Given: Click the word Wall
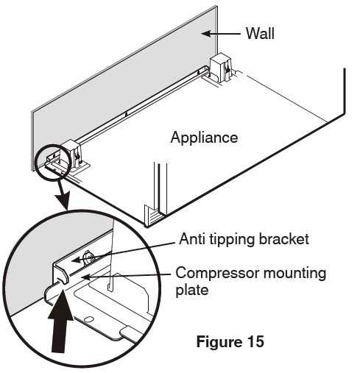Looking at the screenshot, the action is point(260,33).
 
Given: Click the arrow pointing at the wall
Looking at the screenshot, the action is point(221,34).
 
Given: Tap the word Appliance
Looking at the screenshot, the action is point(204,138).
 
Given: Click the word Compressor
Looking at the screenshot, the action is point(217,273).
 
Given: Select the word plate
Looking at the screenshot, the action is point(192,291).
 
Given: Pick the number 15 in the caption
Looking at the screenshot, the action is point(255,341).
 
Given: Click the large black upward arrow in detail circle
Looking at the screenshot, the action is point(60,321).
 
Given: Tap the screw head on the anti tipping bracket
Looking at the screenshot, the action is point(89,257).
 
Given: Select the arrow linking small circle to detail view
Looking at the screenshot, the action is point(63,196).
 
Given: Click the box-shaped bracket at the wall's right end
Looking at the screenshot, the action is point(221,67).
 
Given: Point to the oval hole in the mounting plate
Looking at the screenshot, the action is point(88,319).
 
